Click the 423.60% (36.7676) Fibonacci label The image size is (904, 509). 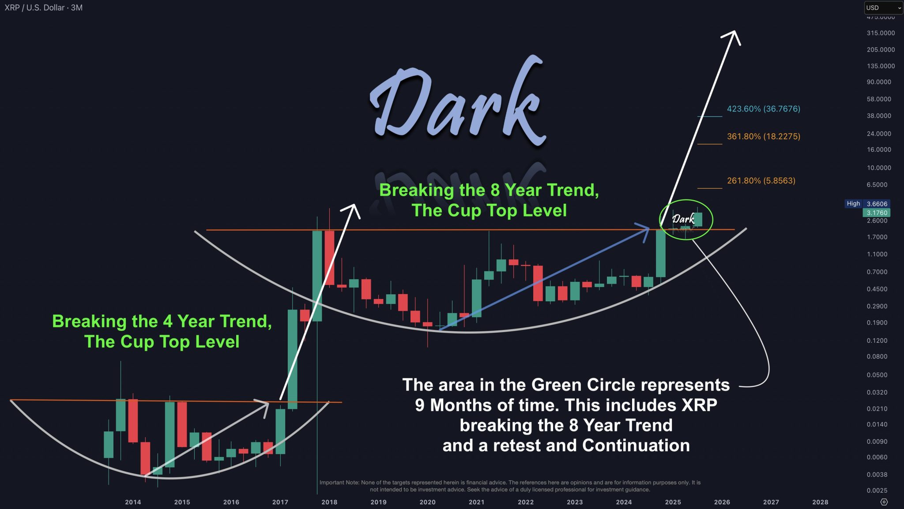pyautogui.click(x=763, y=109)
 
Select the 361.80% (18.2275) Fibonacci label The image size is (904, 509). pyautogui.click(x=763, y=137)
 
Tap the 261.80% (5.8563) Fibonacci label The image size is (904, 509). pyautogui.click(x=761, y=181)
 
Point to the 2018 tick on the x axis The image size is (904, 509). pyautogui.click(x=329, y=502)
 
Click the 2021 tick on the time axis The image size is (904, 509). pyautogui.click(x=476, y=502)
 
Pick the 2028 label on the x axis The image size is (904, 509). pyautogui.click(x=820, y=502)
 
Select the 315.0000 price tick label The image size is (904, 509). pyautogui.click(x=881, y=33)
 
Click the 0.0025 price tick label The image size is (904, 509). pyautogui.click(x=877, y=490)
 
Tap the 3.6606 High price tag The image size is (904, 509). pyautogui.click(x=877, y=204)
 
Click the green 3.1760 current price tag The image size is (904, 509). pyautogui.click(x=877, y=213)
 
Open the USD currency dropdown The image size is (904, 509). pyautogui.click(x=883, y=8)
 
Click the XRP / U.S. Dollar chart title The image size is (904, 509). pyautogui.click(x=43, y=8)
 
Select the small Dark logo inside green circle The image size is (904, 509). pyautogui.click(x=683, y=219)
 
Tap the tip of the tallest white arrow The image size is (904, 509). pyautogui.click(x=734, y=32)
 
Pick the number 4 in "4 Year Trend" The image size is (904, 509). pyautogui.click(x=167, y=322)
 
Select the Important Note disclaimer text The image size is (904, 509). pyautogui.click(x=510, y=486)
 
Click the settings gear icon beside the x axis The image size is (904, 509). pyautogui.click(x=884, y=502)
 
